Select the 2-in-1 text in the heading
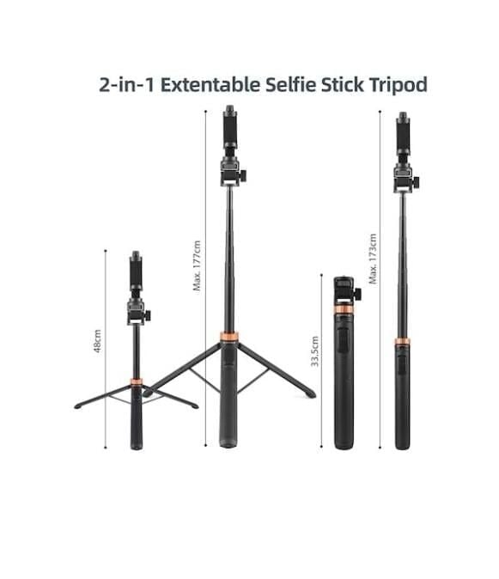click(126, 85)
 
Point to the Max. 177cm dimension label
click(197, 265)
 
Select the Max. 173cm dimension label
click(372, 258)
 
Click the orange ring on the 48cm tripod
click(135, 380)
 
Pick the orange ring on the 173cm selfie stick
click(401, 341)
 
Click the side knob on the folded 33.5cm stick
click(356, 294)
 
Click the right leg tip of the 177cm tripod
click(309, 394)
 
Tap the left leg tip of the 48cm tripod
click(78, 405)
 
